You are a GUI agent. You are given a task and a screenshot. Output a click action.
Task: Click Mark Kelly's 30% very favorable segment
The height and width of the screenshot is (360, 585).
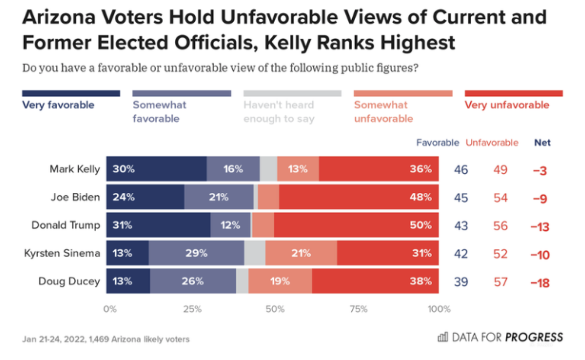tap(156, 169)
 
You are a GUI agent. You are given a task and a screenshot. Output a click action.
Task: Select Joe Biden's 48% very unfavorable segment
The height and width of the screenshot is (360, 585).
tap(359, 197)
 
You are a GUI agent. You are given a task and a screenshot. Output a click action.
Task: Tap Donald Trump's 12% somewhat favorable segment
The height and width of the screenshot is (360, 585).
tap(231, 225)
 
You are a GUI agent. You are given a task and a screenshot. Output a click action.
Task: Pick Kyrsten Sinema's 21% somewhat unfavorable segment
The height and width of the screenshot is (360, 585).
tap(301, 253)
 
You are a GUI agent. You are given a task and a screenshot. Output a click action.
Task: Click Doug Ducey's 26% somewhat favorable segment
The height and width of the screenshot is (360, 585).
tap(193, 281)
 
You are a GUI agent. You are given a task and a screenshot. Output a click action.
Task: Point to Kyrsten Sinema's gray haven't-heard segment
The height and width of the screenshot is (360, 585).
tap(254, 253)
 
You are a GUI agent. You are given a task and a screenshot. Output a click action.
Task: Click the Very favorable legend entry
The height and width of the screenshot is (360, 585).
tap(58, 105)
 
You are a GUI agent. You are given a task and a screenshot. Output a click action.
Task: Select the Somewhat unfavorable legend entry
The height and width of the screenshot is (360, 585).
tap(383, 112)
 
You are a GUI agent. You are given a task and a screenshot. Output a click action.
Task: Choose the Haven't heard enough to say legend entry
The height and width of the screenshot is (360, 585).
tap(279, 112)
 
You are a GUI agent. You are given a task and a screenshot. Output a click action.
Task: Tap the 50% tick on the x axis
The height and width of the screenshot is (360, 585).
tap(275, 309)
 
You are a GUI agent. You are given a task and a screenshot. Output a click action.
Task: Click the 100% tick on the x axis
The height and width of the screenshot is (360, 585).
tap(439, 309)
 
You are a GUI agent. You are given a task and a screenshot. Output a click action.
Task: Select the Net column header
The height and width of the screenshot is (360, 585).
tap(542, 143)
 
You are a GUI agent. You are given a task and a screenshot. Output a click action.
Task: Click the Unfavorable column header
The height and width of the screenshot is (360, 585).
tap(492, 143)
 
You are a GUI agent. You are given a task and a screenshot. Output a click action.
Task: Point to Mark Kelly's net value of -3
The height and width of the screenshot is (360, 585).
tap(540, 170)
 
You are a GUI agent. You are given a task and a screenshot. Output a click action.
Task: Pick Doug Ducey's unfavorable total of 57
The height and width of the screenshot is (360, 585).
tap(500, 282)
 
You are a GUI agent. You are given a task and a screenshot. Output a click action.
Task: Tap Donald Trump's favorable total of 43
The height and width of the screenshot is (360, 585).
tap(461, 226)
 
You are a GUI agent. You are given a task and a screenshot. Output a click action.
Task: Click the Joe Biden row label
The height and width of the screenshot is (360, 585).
tap(75, 197)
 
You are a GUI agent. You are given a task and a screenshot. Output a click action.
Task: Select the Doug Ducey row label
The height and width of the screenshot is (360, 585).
tap(69, 281)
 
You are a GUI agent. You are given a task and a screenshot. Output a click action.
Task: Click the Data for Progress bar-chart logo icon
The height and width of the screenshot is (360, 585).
tap(443, 337)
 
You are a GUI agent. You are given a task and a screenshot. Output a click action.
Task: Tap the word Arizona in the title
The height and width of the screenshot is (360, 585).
tap(58, 17)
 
